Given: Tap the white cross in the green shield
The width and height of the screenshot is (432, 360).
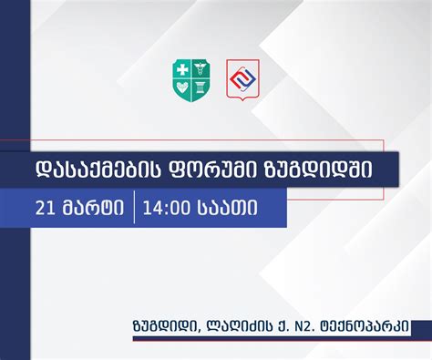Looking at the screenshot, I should [x=182, y=70].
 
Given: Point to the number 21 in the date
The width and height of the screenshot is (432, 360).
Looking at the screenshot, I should [x=46, y=208].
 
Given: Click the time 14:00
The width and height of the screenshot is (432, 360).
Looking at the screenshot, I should [x=170, y=208].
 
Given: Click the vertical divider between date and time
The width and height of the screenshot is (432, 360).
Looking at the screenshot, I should [x=135, y=208].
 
